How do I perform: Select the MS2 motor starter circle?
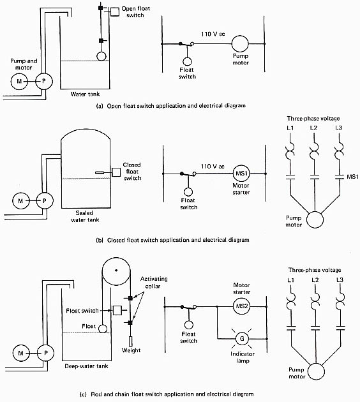coord(241,306)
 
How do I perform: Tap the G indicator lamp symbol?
coord(242,339)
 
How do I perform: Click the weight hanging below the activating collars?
coord(130,341)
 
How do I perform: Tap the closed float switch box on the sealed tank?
coord(116,172)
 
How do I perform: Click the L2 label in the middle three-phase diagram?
coord(313,128)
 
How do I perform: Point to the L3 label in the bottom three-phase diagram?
coord(340,279)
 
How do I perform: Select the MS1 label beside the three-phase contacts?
coord(352,177)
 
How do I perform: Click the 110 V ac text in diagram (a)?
coord(213,34)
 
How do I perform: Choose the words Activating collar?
coord(154,282)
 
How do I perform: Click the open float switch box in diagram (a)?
coord(115,11)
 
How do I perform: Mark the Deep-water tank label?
coord(86,366)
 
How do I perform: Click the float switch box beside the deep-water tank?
coord(117,311)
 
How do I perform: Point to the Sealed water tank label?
coord(85,216)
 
